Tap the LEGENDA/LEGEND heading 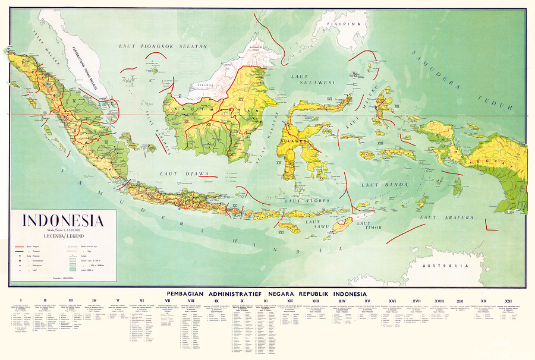[64, 236]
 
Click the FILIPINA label [347, 24]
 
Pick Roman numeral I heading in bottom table [21, 301]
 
